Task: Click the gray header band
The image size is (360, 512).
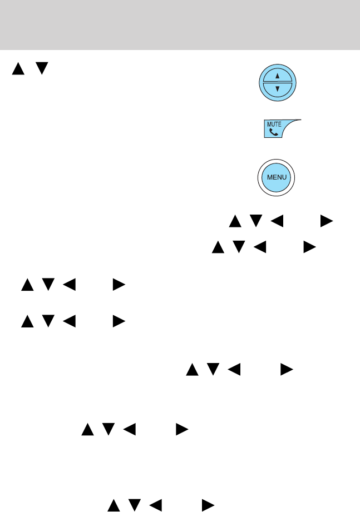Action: pyautogui.click(x=180, y=25)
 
